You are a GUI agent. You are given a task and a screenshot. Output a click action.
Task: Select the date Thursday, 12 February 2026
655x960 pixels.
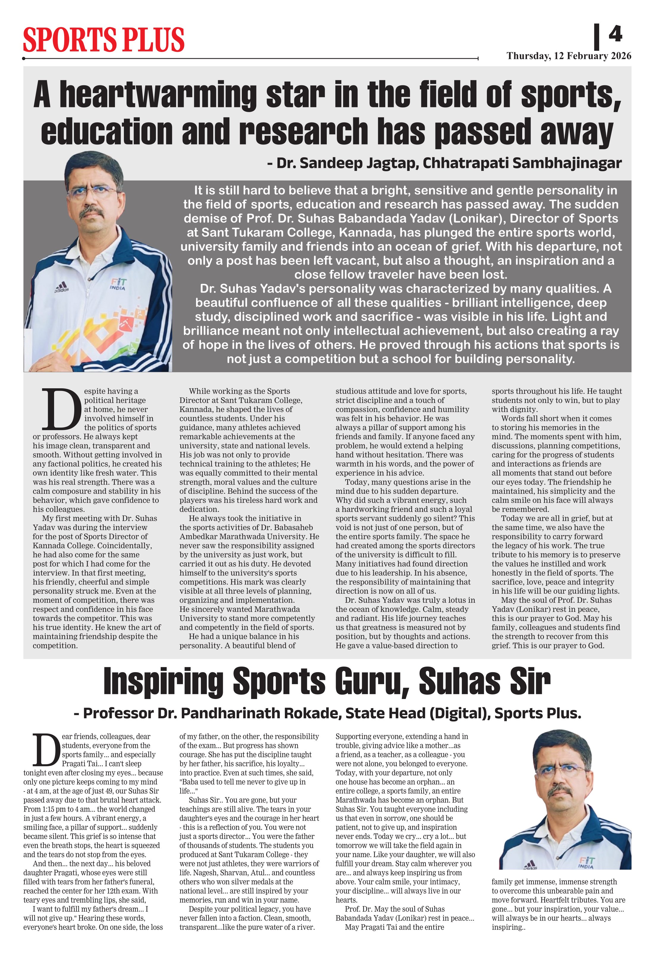(569, 56)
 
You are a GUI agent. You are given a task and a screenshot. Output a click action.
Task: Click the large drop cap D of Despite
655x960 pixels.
(61, 409)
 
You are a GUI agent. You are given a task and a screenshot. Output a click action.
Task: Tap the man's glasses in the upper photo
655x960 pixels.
(91, 192)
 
